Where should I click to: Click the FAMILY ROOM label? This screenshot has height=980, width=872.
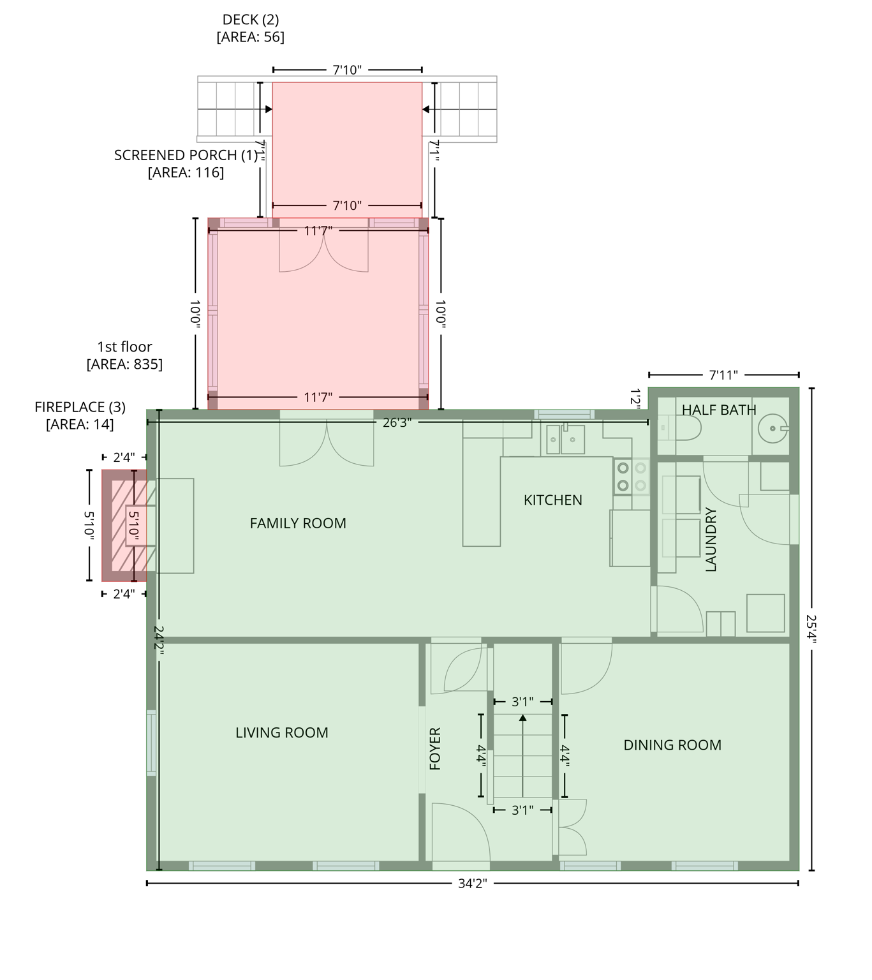[x=298, y=523]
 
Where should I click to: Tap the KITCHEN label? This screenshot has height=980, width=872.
[x=552, y=500]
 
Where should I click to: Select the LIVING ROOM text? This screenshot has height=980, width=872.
[x=281, y=732]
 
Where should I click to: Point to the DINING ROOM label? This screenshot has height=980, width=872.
[x=672, y=745]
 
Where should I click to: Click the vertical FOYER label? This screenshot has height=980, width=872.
[x=435, y=748]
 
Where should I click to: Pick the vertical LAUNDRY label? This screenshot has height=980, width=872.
[x=711, y=539]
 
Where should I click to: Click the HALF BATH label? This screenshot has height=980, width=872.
[x=719, y=410]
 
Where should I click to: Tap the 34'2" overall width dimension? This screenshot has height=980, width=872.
[x=472, y=884]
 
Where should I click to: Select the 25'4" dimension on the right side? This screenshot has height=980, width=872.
[x=811, y=629]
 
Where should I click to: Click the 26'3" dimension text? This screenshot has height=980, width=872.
[x=397, y=422]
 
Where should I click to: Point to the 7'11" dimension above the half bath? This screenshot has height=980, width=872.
[x=723, y=375]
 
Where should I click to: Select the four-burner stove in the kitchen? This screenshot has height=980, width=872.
[x=632, y=477]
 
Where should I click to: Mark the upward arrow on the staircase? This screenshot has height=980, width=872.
[x=522, y=718]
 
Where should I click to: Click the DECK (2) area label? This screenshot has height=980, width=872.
[x=250, y=28]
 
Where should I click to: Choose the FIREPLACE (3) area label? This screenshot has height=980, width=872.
[x=80, y=415]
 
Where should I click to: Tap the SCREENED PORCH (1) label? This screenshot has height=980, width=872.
[x=186, y=163]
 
